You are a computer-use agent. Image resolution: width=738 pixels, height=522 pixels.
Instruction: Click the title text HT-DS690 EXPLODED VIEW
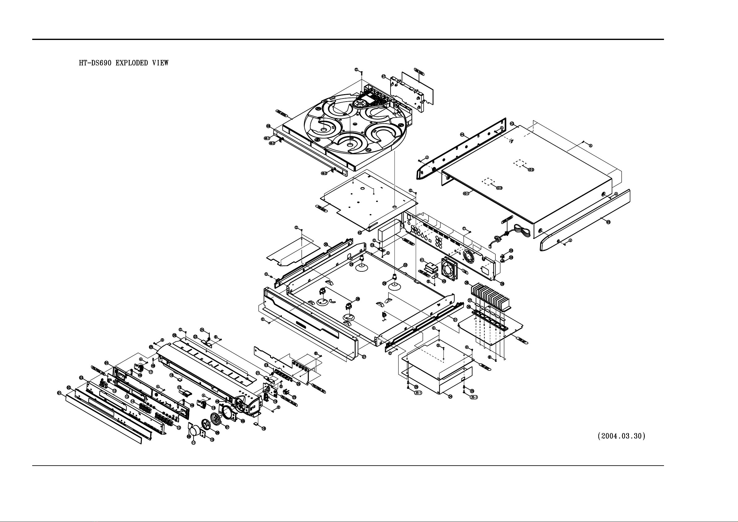pyautogui.click(x=124, y=63)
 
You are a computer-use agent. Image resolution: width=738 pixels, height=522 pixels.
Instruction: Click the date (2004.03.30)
pyautogui.click(x=621, y=436)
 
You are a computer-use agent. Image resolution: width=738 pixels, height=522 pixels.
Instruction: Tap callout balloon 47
pyautogui.click(x=383, y=77)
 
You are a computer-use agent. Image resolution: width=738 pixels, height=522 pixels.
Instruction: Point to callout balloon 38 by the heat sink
pyautogui.click(x=466, y=283)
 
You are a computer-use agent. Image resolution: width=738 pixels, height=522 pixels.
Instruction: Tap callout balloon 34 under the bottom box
pyautogui.click(x=450, y=397)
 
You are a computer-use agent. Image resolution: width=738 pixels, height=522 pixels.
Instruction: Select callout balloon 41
pyautogui.click(x=422, y=260)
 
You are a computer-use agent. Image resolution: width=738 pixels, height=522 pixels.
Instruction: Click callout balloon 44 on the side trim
pyautogui.click(x=462, y=135)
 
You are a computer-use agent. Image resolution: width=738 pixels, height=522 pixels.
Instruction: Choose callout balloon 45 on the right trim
pyautogui.click(x=608, y=222)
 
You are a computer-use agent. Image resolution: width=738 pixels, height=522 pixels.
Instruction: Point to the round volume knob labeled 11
pyautogui.click(x=194, y=431)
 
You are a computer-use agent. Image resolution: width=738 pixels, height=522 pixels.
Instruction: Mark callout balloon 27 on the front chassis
pyautogui.click(x=364, y=357)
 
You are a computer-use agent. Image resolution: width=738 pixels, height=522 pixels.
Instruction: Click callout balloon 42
pyautogui.click(x=360, y=232)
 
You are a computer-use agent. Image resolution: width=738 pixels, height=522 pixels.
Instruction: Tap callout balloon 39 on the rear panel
pyautogui.click(x=502, y=284)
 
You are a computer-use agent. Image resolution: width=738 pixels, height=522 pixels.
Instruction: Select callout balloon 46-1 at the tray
pyautogui.click(x=267, y=138)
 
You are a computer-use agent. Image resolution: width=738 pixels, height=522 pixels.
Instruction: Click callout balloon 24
pyautogui.click(x=202, y=330)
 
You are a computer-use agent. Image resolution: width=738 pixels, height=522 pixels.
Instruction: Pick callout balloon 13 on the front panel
pyautogui.click(x=127, y=397)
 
